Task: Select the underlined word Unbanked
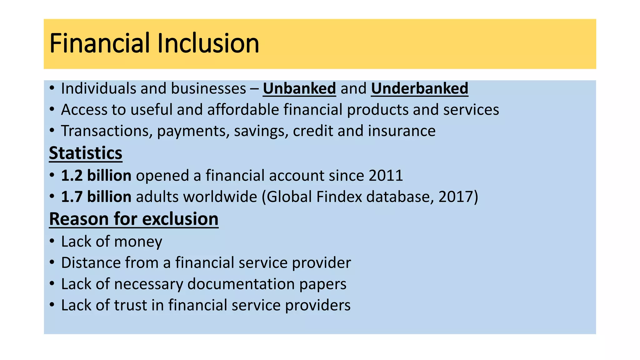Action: coord(299,88)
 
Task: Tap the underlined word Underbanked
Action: coord(419,88)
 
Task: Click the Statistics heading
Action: coord(86,153)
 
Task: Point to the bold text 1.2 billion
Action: coord(96,176)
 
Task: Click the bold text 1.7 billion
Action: coord(96,197)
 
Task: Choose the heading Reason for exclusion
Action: coord(134,219)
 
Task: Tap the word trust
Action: coord(131,305)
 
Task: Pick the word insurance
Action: coord(402,131)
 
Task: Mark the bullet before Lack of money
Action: coord(52,241)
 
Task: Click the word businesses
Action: coord(208,88)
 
